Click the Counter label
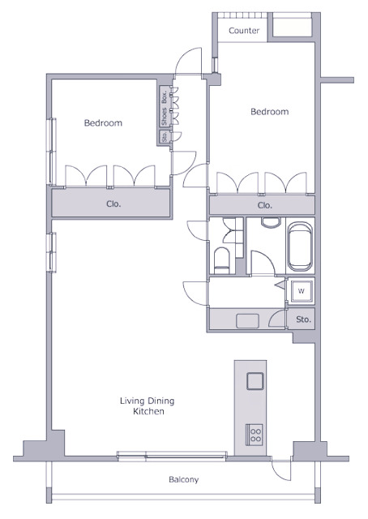(x=244, y=31)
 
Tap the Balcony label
(x=184, y=479)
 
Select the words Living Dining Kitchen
(x=148, y=406)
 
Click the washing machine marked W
(x=301, y=292)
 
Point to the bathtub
(x=299, y=247)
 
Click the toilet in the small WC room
(x=222, y=260)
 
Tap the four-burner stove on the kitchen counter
(x=255, y=435)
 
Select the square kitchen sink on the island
(x=255, y=381)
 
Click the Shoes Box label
(x=164, y=107)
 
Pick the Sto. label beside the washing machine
(x=303, y=320)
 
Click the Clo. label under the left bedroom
(x=113, y=204)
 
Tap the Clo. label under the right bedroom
(x=265, y=205)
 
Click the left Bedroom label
(x=103, y=123)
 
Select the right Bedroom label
(x=270, y=112)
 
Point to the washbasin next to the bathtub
(x=271, y=222)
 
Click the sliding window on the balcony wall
(x=172, y=456)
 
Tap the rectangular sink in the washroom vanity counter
(x=247, y=321)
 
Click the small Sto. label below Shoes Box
(x=164, y=136)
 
